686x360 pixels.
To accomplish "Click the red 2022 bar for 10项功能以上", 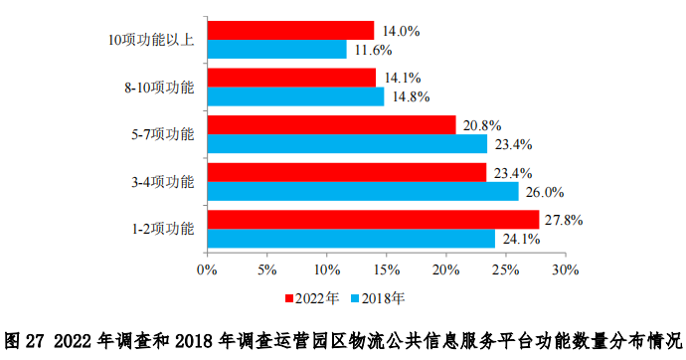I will point(290,30).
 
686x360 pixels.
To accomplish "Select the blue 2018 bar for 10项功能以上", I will point(276,49).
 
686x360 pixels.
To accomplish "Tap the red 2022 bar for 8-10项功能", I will point(291,77).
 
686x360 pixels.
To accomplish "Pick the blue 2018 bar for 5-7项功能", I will point(347,143).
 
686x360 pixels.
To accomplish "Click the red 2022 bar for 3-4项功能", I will point(347,172).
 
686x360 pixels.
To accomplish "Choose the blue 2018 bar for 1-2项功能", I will point(351,239).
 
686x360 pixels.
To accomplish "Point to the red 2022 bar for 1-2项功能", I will point(373,219).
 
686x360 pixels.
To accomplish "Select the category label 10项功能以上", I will point(151,40).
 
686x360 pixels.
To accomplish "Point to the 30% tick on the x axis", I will point(565,270).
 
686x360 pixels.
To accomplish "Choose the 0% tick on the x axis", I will point(207,270).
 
